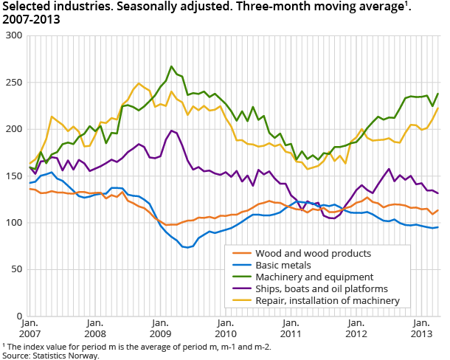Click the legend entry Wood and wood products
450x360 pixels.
point(307,253)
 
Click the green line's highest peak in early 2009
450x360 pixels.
point(171,66)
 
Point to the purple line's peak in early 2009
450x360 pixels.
point(171,131)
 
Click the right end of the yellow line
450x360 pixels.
point(438,108)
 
